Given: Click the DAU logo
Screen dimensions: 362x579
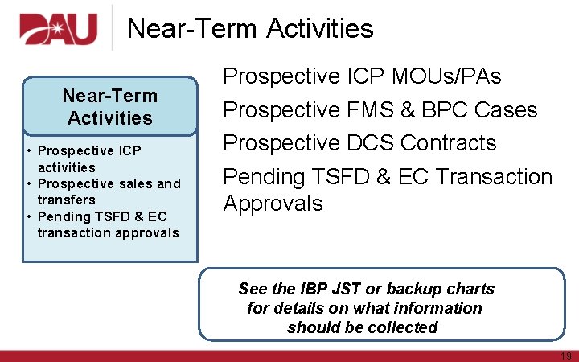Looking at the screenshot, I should click(58, 30).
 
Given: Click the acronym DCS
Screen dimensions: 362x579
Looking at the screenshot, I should click(370, 142).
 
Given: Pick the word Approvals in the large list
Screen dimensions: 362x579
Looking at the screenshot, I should click(273, 204).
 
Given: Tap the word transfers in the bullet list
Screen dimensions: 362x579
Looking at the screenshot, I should click(66, 200).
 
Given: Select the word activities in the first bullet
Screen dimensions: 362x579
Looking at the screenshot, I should click(66, 167).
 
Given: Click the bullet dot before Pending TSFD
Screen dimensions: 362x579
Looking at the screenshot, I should click(29, 216).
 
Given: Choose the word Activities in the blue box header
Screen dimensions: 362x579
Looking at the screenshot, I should click(110, 118).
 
